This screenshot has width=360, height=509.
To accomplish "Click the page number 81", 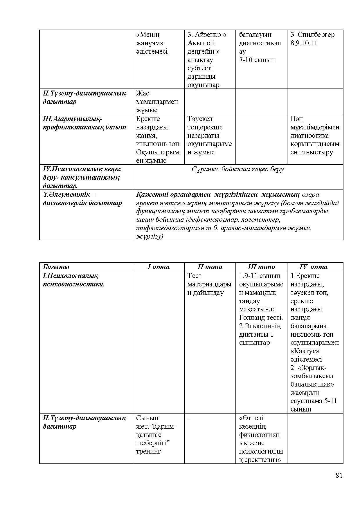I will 339,475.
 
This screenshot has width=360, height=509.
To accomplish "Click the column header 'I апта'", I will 158,267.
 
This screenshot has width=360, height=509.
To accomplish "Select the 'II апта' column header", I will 210,267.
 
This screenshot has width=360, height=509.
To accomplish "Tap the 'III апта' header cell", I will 261,267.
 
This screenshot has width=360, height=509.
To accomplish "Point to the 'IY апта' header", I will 313,267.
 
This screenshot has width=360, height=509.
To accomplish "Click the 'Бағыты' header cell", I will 56,267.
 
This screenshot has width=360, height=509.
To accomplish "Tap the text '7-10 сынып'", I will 257,60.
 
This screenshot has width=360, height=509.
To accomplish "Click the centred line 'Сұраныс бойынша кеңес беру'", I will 238,169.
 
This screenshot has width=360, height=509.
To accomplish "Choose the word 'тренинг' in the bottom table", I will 148,451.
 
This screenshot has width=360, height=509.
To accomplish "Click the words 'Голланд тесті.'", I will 261,317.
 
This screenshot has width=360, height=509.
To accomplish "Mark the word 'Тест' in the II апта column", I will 195,276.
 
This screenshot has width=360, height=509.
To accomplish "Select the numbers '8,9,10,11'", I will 304,43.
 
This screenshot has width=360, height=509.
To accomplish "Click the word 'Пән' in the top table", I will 296,119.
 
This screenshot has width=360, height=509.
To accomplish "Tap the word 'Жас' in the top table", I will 142,93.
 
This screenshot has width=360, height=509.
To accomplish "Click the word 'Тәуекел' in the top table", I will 200,119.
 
